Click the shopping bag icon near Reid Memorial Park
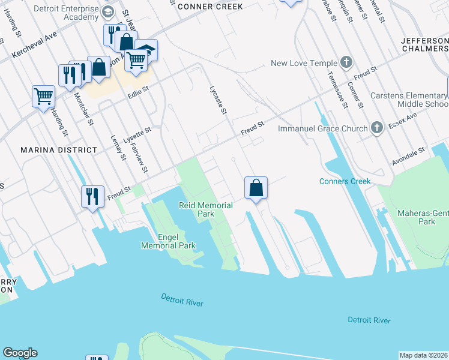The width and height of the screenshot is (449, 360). pos(256,188)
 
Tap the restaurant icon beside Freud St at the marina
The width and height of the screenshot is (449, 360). pos(92,196)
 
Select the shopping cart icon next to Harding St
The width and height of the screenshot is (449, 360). pos(43,95)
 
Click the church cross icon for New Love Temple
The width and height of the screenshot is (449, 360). pos(346,62)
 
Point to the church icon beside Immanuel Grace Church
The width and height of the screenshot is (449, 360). pos(376,127)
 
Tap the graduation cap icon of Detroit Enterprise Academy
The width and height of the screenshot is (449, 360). pos(108,12)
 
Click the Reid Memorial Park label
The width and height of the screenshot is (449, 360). pos(205,209)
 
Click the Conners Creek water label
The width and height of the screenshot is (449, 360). pos(345,181)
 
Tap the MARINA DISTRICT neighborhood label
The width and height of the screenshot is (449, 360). pos(58,149)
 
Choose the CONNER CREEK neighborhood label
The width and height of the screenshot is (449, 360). pos(210,7)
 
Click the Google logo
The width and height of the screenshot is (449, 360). pos(20,353)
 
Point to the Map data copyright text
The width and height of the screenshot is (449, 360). pos(423,355)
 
